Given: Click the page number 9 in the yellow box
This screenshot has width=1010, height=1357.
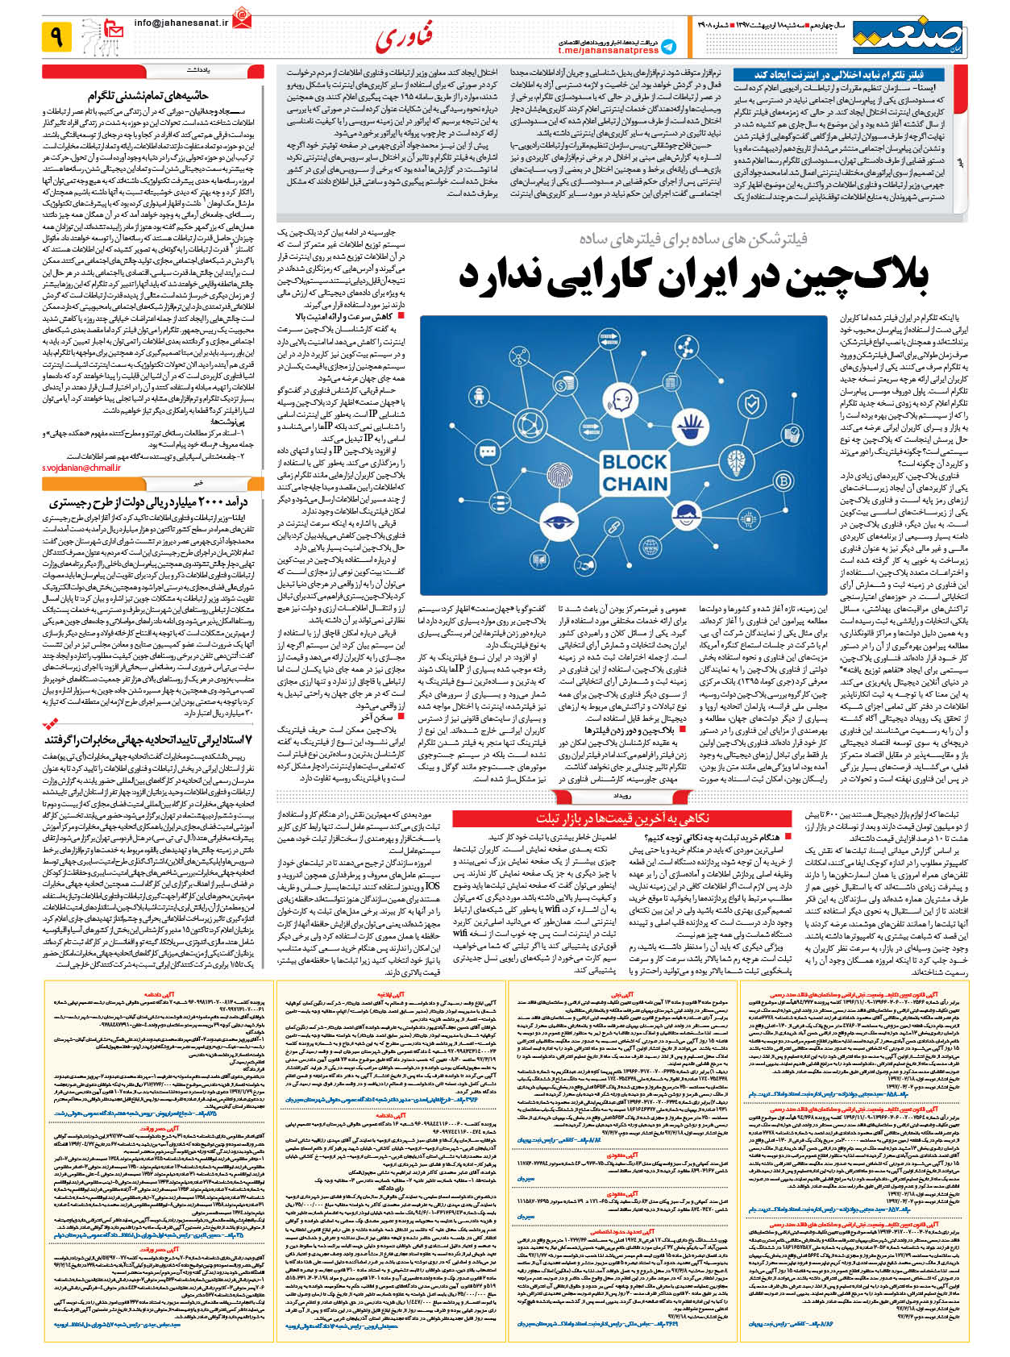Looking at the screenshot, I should click(x=57, y=35).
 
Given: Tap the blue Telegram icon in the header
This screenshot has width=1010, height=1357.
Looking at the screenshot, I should click(x=668, y=46).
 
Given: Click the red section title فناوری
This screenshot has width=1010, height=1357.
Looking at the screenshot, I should click(x=403, y=36).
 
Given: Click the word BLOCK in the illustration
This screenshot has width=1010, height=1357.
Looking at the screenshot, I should click(x=634, y=462).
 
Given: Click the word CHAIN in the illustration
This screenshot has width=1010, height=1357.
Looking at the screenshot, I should click(x=634, y=485).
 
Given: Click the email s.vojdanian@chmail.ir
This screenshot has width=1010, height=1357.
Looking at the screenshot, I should click(x=81, y=468).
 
